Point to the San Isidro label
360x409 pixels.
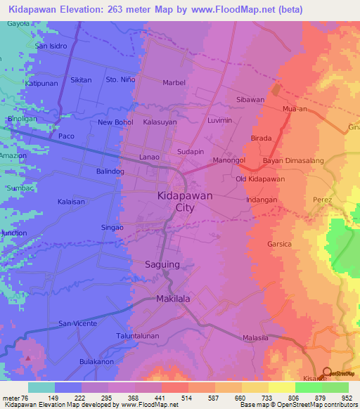(x=51, y=46)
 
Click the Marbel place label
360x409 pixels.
(x=174, y=83)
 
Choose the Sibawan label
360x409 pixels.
(x=250, y=100)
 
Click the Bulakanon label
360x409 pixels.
(x=96, y=362)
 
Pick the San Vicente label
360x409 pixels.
(x=77, y=323)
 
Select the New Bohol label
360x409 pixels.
(x=115, y=123)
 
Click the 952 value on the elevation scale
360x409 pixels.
(x=346, y=398)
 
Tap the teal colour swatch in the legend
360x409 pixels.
(x=41, y=387)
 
